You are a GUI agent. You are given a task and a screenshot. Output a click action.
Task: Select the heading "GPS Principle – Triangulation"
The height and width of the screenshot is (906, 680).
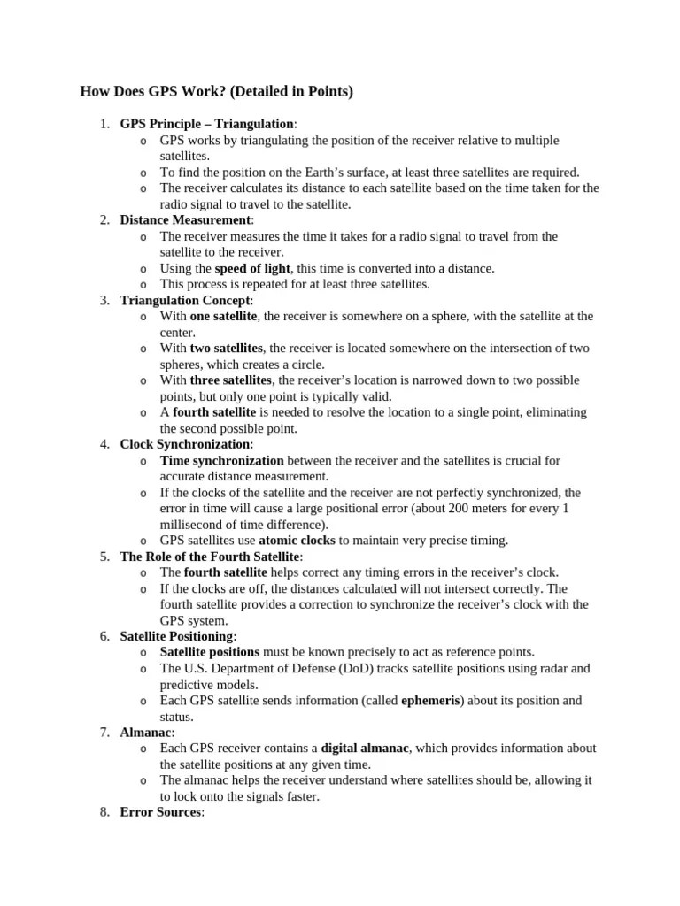point(206,124)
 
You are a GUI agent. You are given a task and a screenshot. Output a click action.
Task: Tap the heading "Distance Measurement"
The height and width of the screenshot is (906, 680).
point(185,220)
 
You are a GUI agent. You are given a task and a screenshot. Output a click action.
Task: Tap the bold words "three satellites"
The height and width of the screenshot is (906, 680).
point(230,380)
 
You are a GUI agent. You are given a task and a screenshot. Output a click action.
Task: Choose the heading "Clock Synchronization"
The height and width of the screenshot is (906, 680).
point(185,444)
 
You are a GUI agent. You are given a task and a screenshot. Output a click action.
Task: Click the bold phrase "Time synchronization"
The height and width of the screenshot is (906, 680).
point(221,460)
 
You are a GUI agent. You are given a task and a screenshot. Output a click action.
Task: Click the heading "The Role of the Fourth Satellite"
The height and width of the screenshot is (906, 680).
point(210,557)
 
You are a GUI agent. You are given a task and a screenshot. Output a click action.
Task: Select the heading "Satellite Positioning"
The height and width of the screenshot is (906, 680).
point(177,636)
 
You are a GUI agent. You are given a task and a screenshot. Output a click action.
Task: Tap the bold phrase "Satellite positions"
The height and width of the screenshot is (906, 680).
point(209,652)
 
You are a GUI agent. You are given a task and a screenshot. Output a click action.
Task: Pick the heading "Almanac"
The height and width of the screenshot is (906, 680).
point(146,733)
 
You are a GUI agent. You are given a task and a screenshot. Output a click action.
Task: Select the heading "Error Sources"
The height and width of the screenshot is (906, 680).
point(160,812)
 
